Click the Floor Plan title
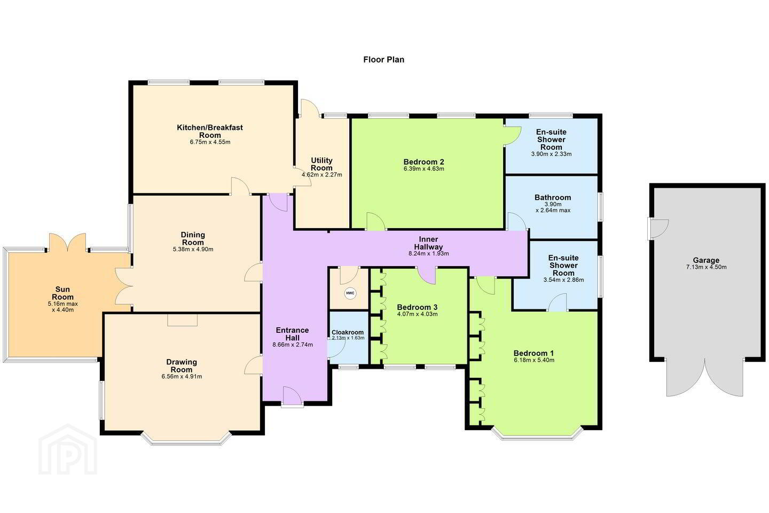[x=383, y=60]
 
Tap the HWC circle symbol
[x=350, y=293]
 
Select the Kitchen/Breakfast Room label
[x=210, y=131]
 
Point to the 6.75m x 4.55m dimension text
[x=210, y=142]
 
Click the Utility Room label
[x=321, y=164]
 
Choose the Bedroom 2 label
[x=423, y=162]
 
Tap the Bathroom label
[x=553, y=198]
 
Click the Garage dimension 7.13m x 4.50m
[x=706, y=267]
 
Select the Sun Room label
[x=62, y=293]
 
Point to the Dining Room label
[x=193, y=238]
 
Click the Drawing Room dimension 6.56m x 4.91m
[x=182, y=377]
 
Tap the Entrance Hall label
[x=292, y=334]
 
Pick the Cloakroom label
[x=348, y=332]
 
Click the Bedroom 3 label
[x=417, y=307]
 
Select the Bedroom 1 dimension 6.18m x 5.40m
[x=534, y=360]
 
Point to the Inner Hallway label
[x=428, y=243]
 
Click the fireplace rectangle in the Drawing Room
[x=182, y=320]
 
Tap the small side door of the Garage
[x=658, y=229]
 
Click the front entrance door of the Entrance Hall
[x=292, y=397]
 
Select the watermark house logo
[x=68, y=450]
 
